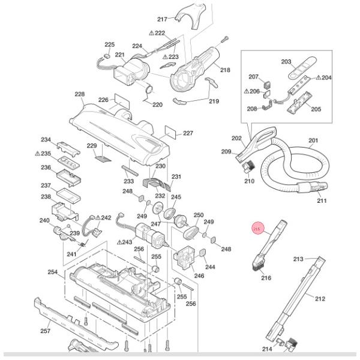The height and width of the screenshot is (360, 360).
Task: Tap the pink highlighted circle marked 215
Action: click(257, 229)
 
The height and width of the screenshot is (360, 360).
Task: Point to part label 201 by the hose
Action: click(313, 141)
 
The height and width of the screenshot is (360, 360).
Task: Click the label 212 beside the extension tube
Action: click(320, 298)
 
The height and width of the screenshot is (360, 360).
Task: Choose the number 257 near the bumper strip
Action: click(45, 331)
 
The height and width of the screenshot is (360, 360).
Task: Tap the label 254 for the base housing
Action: click(53, 272)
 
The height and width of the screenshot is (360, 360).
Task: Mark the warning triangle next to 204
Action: click(319, 78)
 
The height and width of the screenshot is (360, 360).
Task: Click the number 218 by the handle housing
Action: click(225, 70)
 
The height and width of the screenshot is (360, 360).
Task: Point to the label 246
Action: click(199, 276)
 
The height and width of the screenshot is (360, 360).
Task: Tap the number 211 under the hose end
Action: click(322, 200)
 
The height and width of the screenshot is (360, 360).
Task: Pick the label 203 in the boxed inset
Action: click(286, 62)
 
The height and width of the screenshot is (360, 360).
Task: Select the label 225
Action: click(109, 45)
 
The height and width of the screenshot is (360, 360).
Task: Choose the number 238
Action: click(46, 197)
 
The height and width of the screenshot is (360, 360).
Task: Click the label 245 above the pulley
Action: click(176, 197)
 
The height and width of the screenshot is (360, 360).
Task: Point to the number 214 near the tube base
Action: click(267, 349)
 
